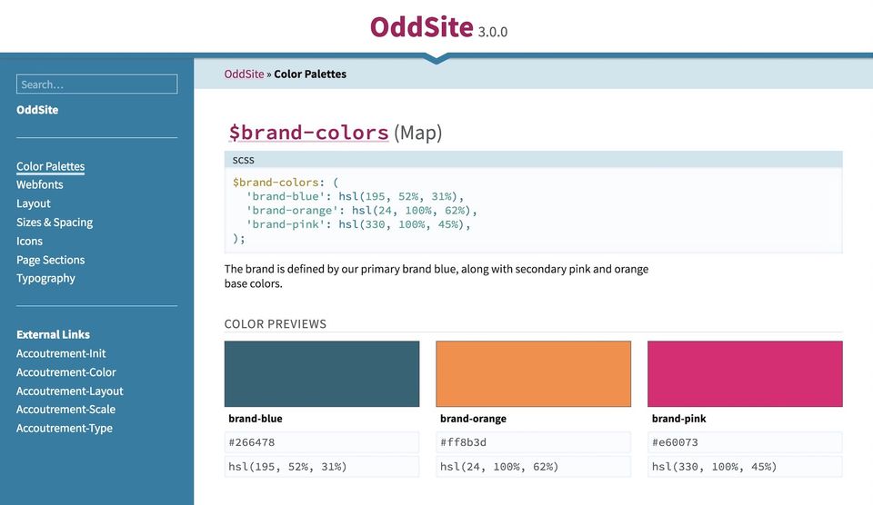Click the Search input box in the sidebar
coord(96,84)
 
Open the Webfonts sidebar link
coord(40,184)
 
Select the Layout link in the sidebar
coord(34,203)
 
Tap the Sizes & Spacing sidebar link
coord(55,223)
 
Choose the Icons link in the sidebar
coord(29,241)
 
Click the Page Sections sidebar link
coord(50,260)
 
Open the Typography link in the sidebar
coord(45,278)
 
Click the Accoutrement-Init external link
coord(61,353)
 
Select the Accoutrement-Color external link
coord(66,372)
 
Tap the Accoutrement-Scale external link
coord(65,410)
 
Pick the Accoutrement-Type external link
coord(65,428)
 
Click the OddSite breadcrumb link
coord(244,74)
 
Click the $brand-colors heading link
coord(308,133)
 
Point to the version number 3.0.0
coord(493,32)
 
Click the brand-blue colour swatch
coord(322,373)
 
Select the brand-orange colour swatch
coord(533,373)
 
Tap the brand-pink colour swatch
coord(745,373)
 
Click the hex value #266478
coord(252,443)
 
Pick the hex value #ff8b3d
coord(464,443)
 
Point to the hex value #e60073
coord(675,443)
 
